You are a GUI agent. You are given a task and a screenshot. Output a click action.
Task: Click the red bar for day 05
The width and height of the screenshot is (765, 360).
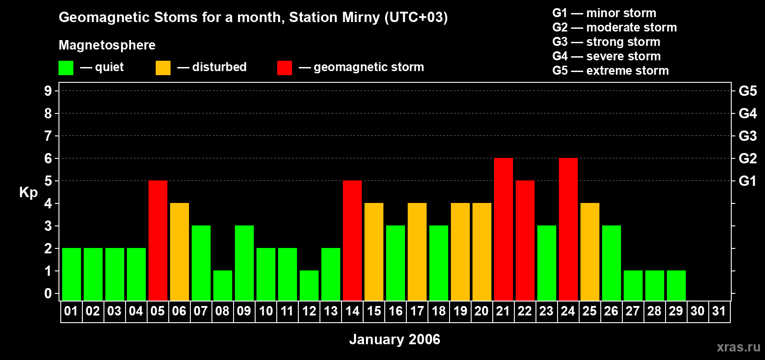[x=158, y=240]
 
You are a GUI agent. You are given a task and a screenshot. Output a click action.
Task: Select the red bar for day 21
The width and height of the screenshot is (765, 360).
[x=504, y=229]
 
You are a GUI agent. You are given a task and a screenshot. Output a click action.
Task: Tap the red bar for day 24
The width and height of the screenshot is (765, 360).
[x=568, y=229]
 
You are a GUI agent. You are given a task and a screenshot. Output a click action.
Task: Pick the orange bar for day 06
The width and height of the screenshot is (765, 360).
[x=180, y=252]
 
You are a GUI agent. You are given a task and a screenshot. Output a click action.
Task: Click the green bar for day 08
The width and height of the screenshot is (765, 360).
[x=223, y=285]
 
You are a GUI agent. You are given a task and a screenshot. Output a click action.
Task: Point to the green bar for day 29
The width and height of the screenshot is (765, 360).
[x=676, y=285]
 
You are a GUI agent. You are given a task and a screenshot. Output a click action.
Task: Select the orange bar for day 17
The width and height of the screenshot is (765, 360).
[x=417, y=252]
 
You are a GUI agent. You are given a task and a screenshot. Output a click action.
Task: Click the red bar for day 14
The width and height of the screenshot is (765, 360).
[x=352, y=240]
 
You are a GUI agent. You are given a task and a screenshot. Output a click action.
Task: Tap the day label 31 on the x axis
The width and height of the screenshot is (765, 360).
[x=719, y=311]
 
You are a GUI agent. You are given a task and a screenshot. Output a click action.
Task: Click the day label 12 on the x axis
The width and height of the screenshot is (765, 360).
[x=309, y=311]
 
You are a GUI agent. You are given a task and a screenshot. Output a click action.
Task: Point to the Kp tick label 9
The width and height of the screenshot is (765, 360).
[x=48, y=91]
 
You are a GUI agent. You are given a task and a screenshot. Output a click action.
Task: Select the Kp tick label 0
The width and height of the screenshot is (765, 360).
[x=48, y=294]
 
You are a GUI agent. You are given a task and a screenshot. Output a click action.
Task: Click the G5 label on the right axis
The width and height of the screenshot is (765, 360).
[x=747, y=91]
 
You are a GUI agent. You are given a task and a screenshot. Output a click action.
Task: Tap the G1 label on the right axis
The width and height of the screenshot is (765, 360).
[x=747, y=181]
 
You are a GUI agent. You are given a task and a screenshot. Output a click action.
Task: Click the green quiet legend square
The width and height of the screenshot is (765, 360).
[x=66, y=68]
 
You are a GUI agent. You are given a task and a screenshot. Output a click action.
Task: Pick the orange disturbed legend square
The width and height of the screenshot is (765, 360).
[x=163, y=68]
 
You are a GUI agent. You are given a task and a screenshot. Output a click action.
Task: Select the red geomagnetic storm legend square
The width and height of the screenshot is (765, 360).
[x=284, y=68]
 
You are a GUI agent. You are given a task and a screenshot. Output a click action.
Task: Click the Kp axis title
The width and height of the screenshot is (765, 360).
[x=28, y=193]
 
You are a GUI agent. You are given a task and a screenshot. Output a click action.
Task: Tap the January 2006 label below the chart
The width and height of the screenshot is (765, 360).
[x=395, y=339]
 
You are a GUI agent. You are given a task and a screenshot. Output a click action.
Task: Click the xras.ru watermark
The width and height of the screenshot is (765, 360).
[x=738, y=347]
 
